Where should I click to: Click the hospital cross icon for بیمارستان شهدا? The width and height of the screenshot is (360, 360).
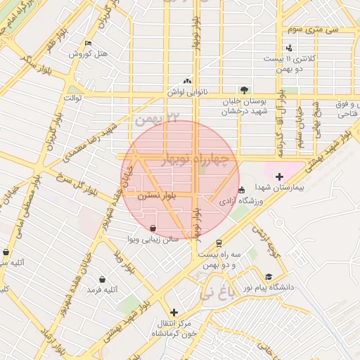click(280, 176)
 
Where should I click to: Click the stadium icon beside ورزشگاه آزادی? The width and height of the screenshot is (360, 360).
click(241, 190)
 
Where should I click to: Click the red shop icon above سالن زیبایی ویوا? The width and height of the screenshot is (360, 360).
click(153, 228)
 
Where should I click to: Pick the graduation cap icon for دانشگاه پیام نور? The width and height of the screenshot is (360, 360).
click(268, 277)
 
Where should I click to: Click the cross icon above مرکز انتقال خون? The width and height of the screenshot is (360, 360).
click(174, 312)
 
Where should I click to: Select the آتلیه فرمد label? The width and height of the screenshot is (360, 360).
click(102, 290)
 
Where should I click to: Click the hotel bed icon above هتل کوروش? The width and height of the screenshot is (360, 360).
click(87, 43)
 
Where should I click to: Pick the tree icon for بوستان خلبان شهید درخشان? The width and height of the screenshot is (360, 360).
click(244, 89)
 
